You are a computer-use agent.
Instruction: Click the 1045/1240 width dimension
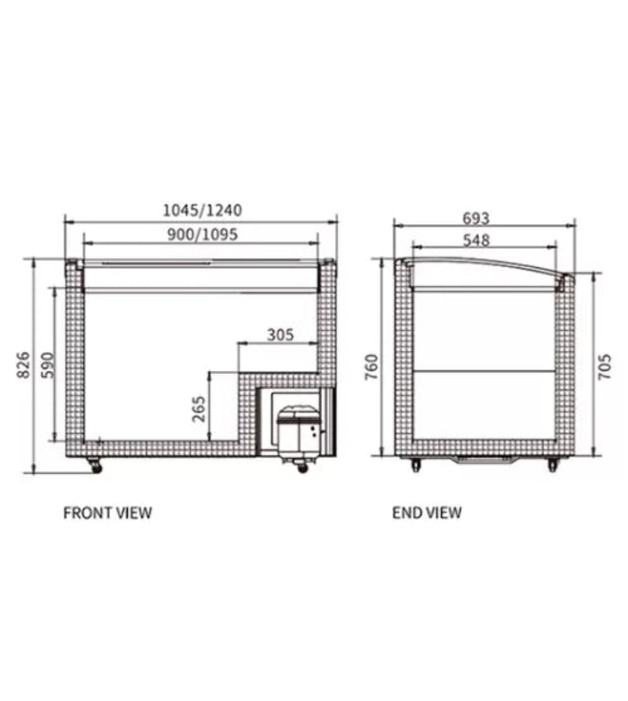(202, 210)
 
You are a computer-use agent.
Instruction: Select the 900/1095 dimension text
(201, 234)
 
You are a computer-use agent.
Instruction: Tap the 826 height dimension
(23, 365)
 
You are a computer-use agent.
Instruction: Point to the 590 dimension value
(46, 365)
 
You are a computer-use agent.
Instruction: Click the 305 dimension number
(279, 335)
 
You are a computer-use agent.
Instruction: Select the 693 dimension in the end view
(476, 218)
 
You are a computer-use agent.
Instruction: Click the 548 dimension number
(476, 241)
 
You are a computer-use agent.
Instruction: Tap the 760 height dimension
(372, 366)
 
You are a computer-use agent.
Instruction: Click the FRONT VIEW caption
(108, 514)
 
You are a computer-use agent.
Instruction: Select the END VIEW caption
(427, 514)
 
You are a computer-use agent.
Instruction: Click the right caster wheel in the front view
(302, 467)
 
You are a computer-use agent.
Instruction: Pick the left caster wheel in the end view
(415, 466)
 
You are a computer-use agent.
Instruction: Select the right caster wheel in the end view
(553, 466)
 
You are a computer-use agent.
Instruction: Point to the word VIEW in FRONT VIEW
(133, 514)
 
